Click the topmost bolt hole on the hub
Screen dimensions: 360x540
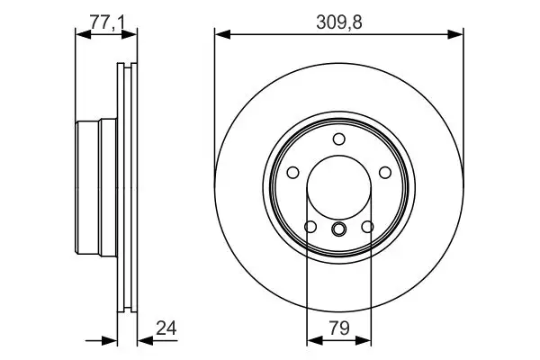coord(339,139)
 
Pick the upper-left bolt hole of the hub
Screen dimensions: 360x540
coord(293,173)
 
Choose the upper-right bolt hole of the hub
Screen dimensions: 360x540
coord(385,173)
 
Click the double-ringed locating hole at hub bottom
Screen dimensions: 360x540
coord(339,230)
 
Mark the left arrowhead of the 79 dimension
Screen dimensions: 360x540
coord(312,341)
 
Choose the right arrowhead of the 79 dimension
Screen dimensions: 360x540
coord(365,341)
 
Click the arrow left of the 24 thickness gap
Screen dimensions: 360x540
coord(111,341)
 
